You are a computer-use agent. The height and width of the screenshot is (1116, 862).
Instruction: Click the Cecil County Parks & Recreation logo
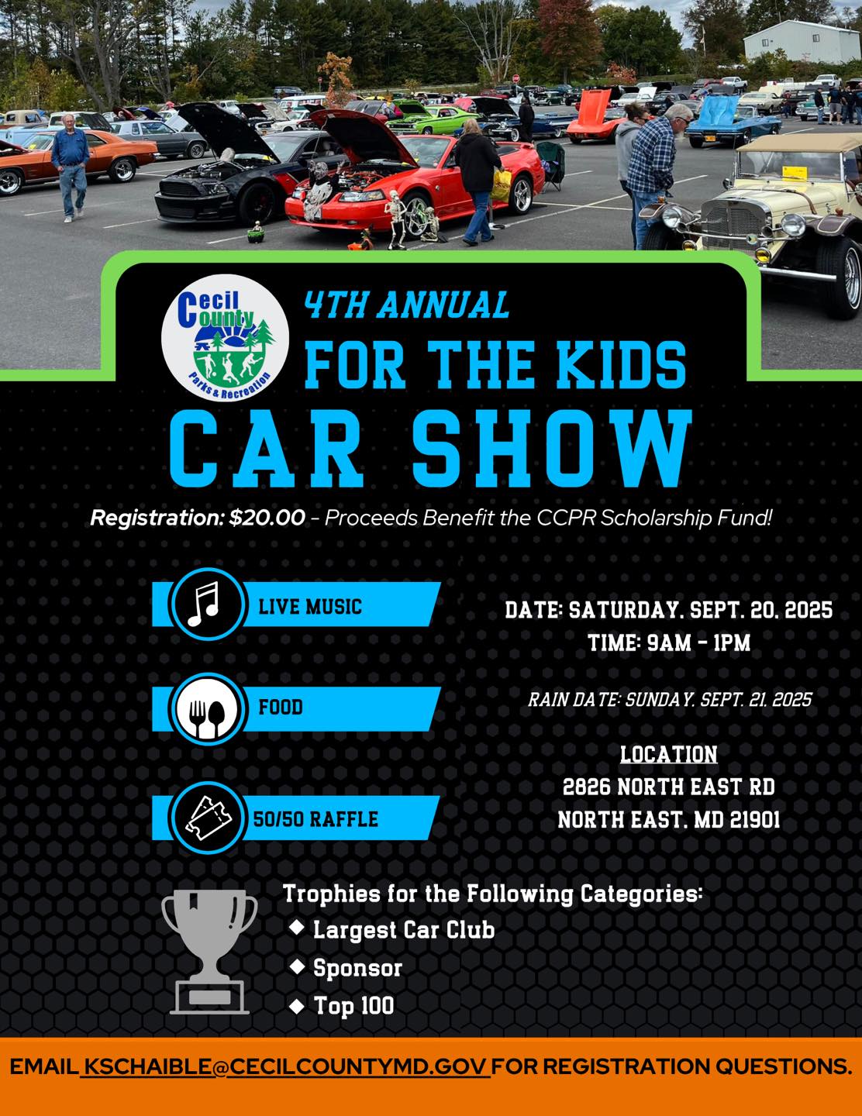tap(225, 337)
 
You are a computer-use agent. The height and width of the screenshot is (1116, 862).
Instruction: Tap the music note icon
tap(205, 604)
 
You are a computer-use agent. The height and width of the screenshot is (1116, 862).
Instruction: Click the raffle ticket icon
tap(205, 818)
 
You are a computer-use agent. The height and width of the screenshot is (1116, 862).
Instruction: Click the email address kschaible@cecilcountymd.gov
tap(285, 1066)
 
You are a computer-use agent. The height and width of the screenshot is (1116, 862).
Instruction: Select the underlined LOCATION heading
tap(668, 754)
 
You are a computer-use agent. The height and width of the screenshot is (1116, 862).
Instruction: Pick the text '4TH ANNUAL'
tap(406, 305)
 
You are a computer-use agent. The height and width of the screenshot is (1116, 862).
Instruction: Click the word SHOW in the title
tap(551, 447)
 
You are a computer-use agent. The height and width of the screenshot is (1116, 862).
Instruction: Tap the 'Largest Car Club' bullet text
tap(403, 929)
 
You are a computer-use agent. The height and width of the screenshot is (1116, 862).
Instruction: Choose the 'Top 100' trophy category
tap(353, 1006)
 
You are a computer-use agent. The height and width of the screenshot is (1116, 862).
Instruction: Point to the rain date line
tap(669, 700)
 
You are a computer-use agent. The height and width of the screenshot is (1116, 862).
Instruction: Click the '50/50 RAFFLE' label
tap(316, 819)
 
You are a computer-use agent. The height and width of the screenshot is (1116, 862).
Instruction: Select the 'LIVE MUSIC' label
tap(310, 606)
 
